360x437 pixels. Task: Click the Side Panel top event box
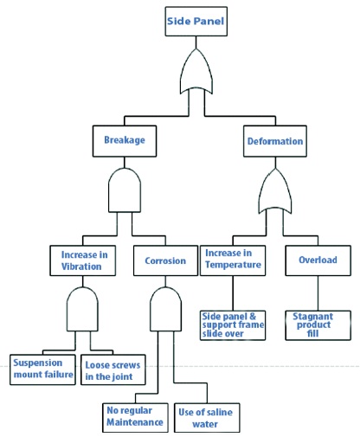pyautogui.click(x=196, y=22)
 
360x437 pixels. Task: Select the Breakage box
pyautogui.click(x=125, y=141)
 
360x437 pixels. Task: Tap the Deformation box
pyautogui.click(x=275, y=141)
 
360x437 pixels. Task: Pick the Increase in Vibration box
pyautogui.click(x=83, y=260)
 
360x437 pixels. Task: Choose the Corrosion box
pyautogui.click(x=165, y=260)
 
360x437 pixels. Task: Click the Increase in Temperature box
pyautogui.click(x=233, y=260)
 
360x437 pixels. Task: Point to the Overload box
pyautogui.click(x=318, y=260)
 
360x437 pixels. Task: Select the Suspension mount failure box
pyautogui.click(x=42, y=370)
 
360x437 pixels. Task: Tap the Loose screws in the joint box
pyautogui.click(x=113, y=370)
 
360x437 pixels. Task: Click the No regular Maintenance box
pyautogui.click(x=135, y=418)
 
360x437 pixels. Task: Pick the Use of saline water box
pyautogui.click(x=207, y=418)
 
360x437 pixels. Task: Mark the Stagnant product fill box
pyautogui.click(x=318, y=325)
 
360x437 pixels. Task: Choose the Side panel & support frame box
pyautogui.click(x=233, y=325)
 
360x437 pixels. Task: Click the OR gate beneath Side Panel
pyautogui.click(x=196, y=72)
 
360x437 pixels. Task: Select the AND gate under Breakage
pyautogui.click(x=125, y=190)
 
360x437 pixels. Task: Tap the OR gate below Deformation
pyautogui.click(x=275, y=191)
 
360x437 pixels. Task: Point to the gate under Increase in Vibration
pyautogui.click(x=82, y=309)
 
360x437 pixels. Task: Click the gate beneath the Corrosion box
pyautogui.click(x=165, y=309)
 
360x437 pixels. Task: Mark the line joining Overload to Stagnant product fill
pyautogui.click(x=318, y=293)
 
